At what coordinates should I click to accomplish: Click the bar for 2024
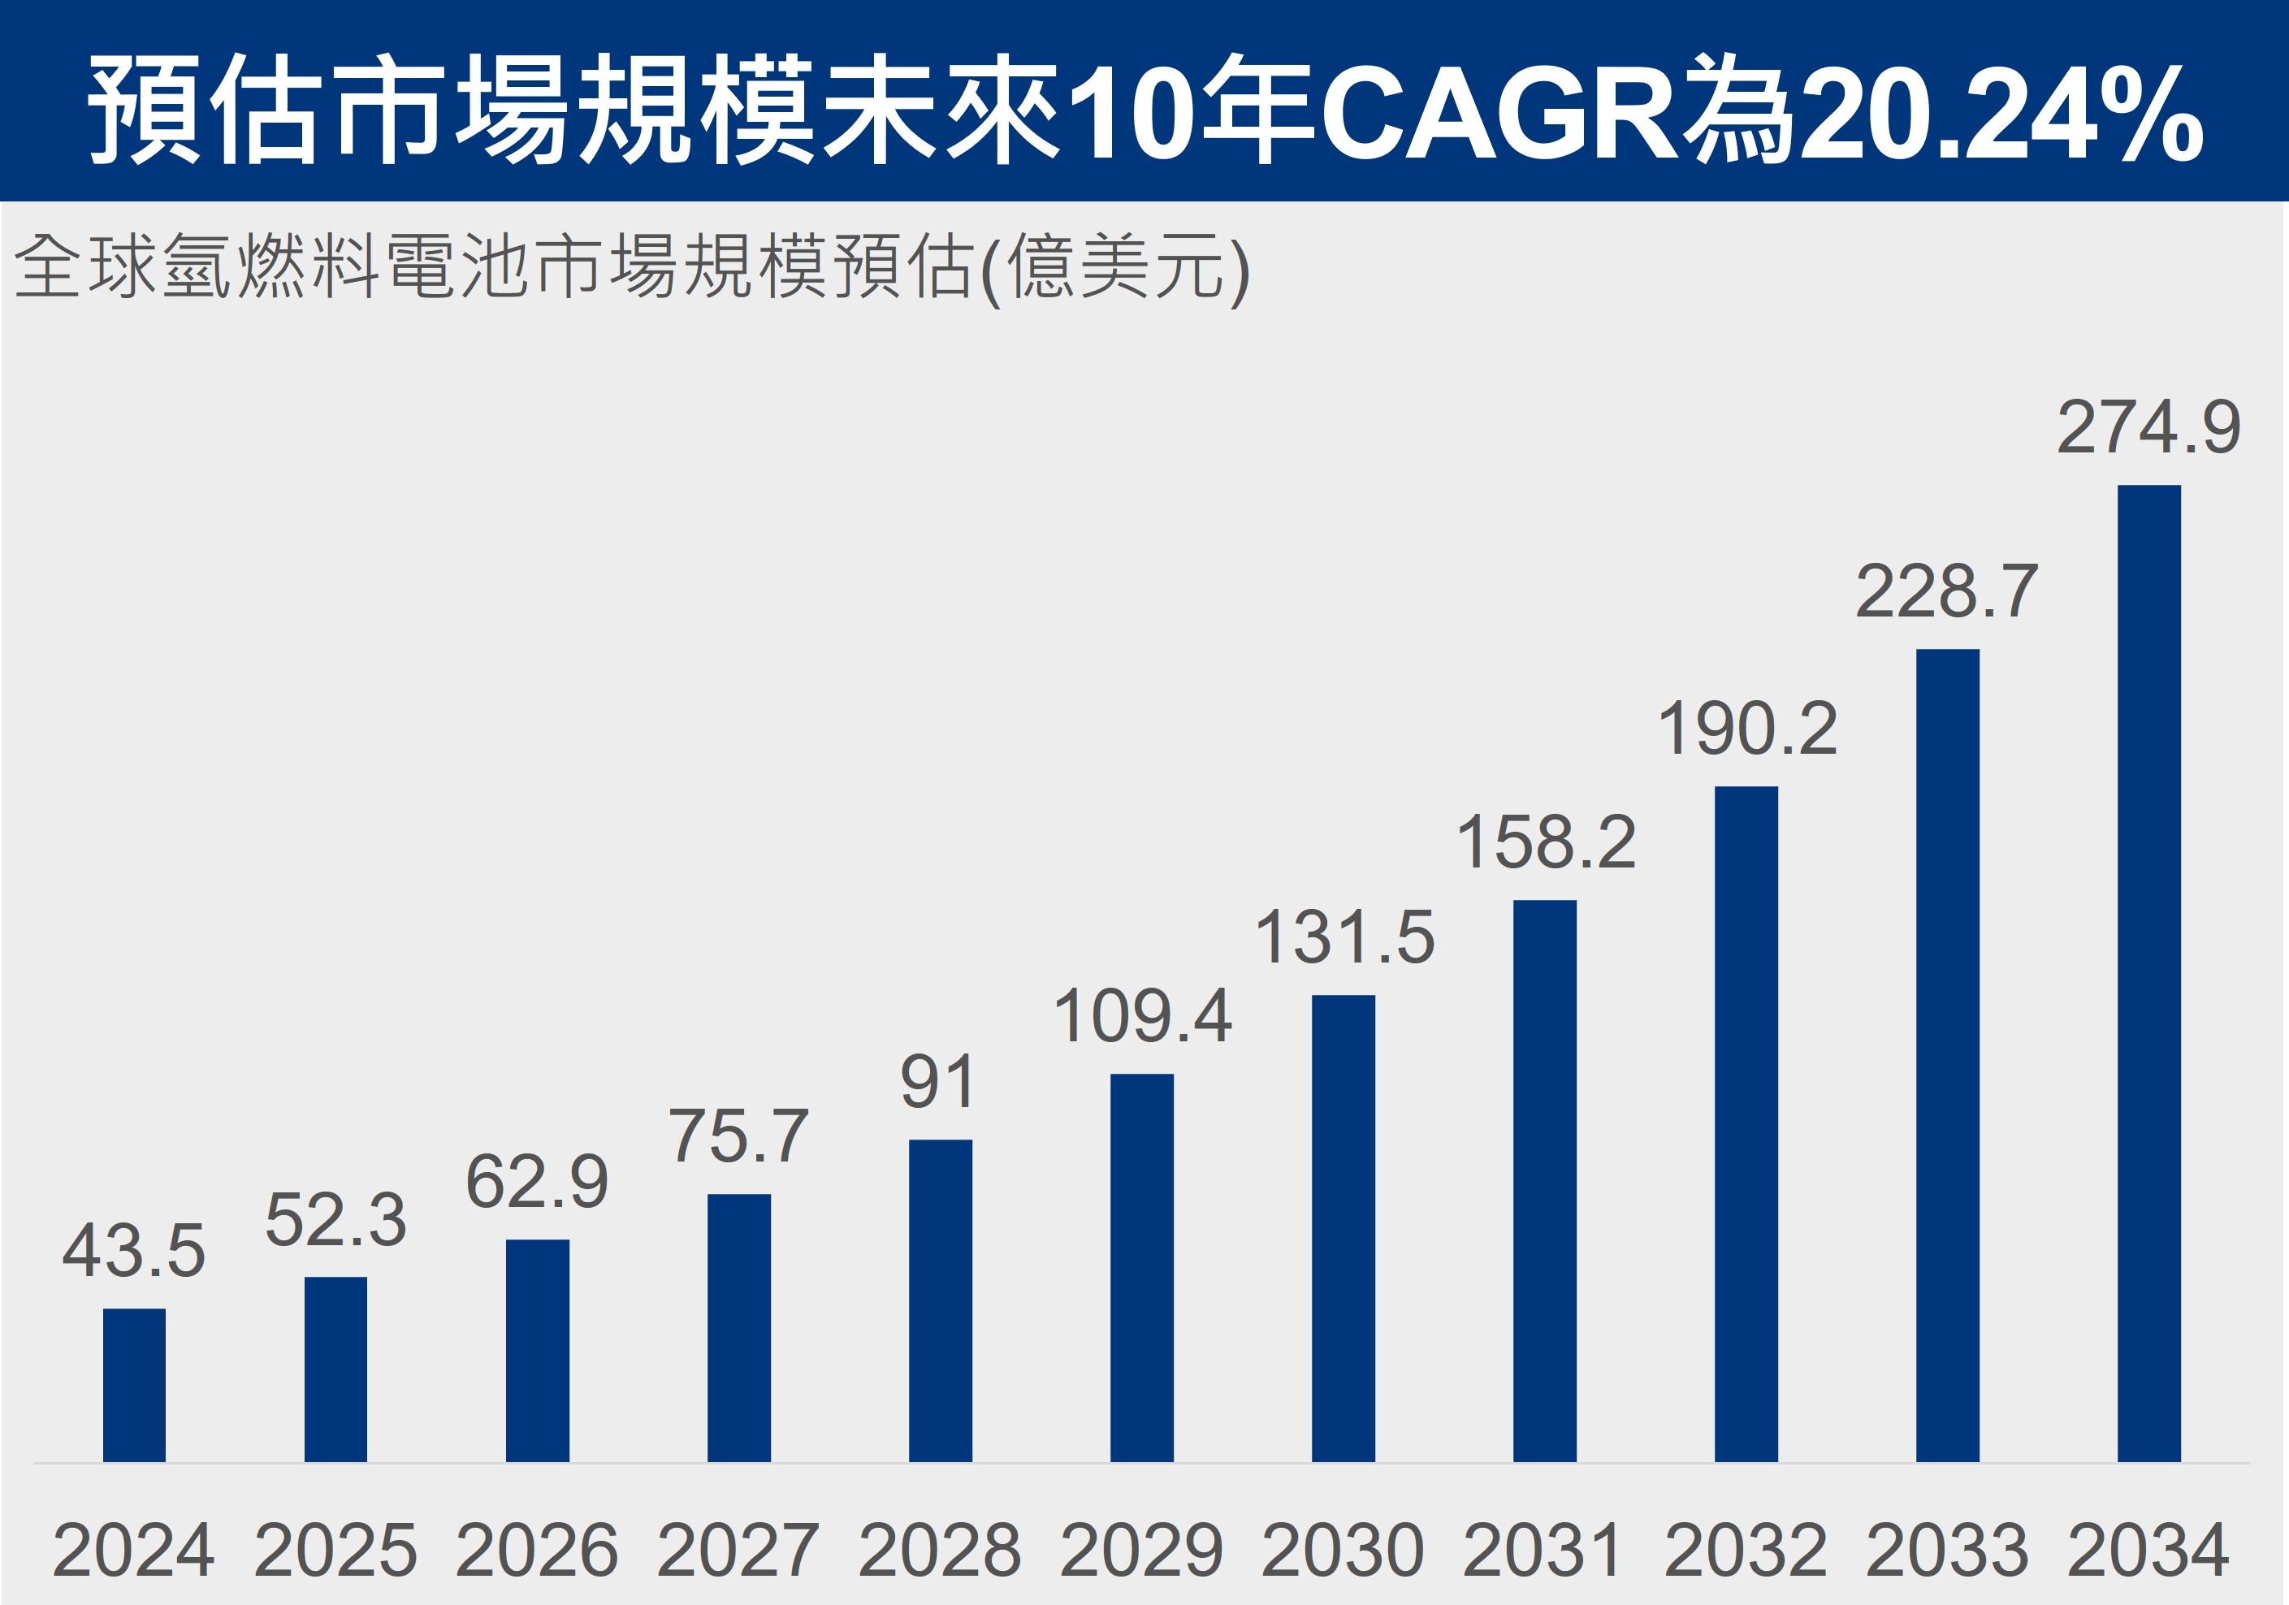(135, 1385)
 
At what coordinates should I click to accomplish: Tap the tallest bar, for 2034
(2148, 973)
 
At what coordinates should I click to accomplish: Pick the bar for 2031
(1544, 1180)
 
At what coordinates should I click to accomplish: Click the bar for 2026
(538, 1350)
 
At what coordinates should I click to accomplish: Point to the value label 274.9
(2148, 428)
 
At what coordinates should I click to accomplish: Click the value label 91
(937, 1082)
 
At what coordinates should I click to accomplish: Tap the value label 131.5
(1344, 937)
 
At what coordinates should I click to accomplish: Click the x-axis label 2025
(336, 1550)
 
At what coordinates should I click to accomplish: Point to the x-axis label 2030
(1343, 1550)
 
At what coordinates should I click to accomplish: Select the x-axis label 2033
(1947, 1550)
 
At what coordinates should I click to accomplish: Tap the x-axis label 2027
(738, 1550)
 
